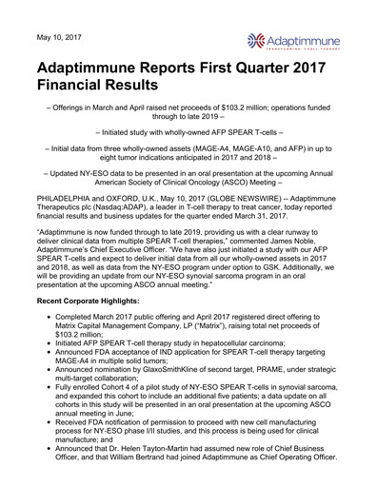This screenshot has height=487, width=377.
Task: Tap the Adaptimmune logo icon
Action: click(255, 39)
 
